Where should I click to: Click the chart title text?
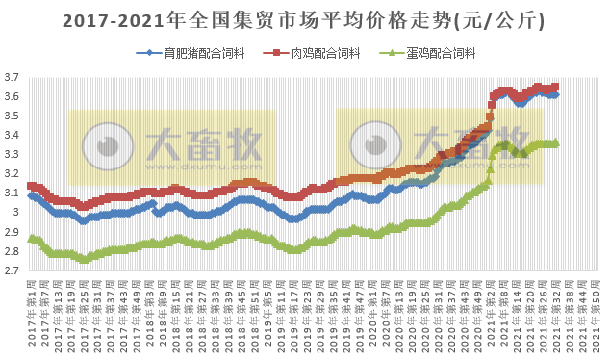(304, 20)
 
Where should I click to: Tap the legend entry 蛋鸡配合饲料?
(438, 54)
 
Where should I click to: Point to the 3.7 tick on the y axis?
(13, 77)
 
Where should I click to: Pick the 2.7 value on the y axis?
(13, 270)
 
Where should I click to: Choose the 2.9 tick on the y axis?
(13, 232)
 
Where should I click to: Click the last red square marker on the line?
(555, 87)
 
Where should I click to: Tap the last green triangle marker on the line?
(555, 142)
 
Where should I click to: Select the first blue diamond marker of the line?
(31, 194)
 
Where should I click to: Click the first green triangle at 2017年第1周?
(31, 238)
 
